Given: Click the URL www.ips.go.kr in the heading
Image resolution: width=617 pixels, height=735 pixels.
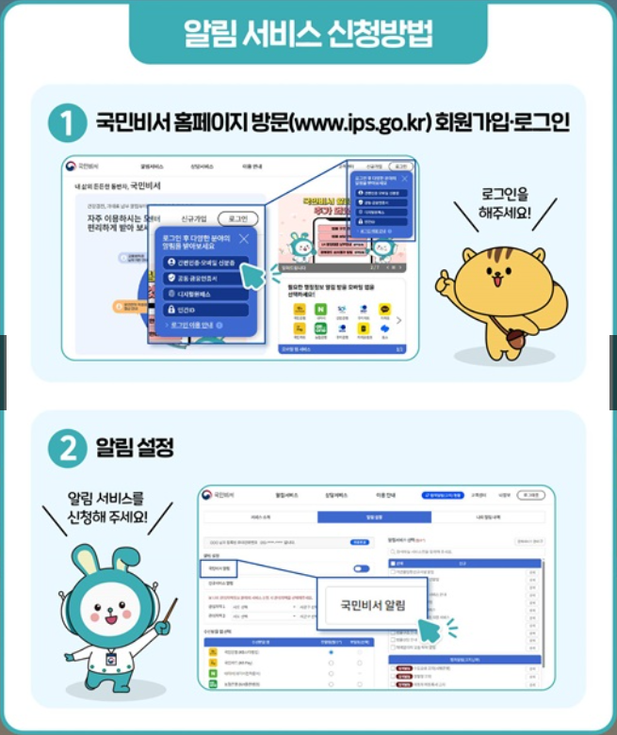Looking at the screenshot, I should point(364,123).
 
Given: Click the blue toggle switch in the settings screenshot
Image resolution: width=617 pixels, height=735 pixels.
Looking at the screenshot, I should point(361,568).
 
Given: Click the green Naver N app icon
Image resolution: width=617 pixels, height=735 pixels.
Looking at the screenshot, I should point(321,309).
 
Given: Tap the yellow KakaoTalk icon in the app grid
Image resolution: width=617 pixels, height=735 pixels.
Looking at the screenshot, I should point(384,309).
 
